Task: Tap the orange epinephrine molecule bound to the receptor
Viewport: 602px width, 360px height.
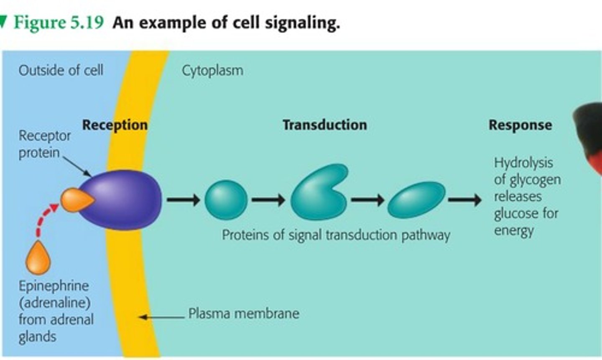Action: [75, 200]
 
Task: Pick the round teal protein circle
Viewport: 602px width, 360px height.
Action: [226, 200]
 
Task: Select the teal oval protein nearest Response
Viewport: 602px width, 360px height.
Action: [416, 199]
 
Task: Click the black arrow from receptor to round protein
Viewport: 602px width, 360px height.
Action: [183, 200]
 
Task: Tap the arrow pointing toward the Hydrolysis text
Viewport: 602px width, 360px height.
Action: [464, 200]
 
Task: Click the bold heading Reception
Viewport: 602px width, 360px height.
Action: [115, 125]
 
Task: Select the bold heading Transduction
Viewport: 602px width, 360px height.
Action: [324, 125]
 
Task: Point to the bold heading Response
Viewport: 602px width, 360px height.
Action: [520, 125]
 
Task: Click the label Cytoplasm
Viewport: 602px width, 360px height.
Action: [212, 70]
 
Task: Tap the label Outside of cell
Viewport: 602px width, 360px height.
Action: [61, 70]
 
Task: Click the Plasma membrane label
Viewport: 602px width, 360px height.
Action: [243, 313]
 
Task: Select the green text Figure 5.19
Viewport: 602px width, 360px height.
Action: [58, 22]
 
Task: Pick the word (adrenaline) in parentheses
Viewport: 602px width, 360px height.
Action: [54, 303]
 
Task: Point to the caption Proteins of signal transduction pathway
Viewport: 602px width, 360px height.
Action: [336, 235]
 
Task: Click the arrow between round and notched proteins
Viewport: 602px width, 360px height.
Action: [268, 200]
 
